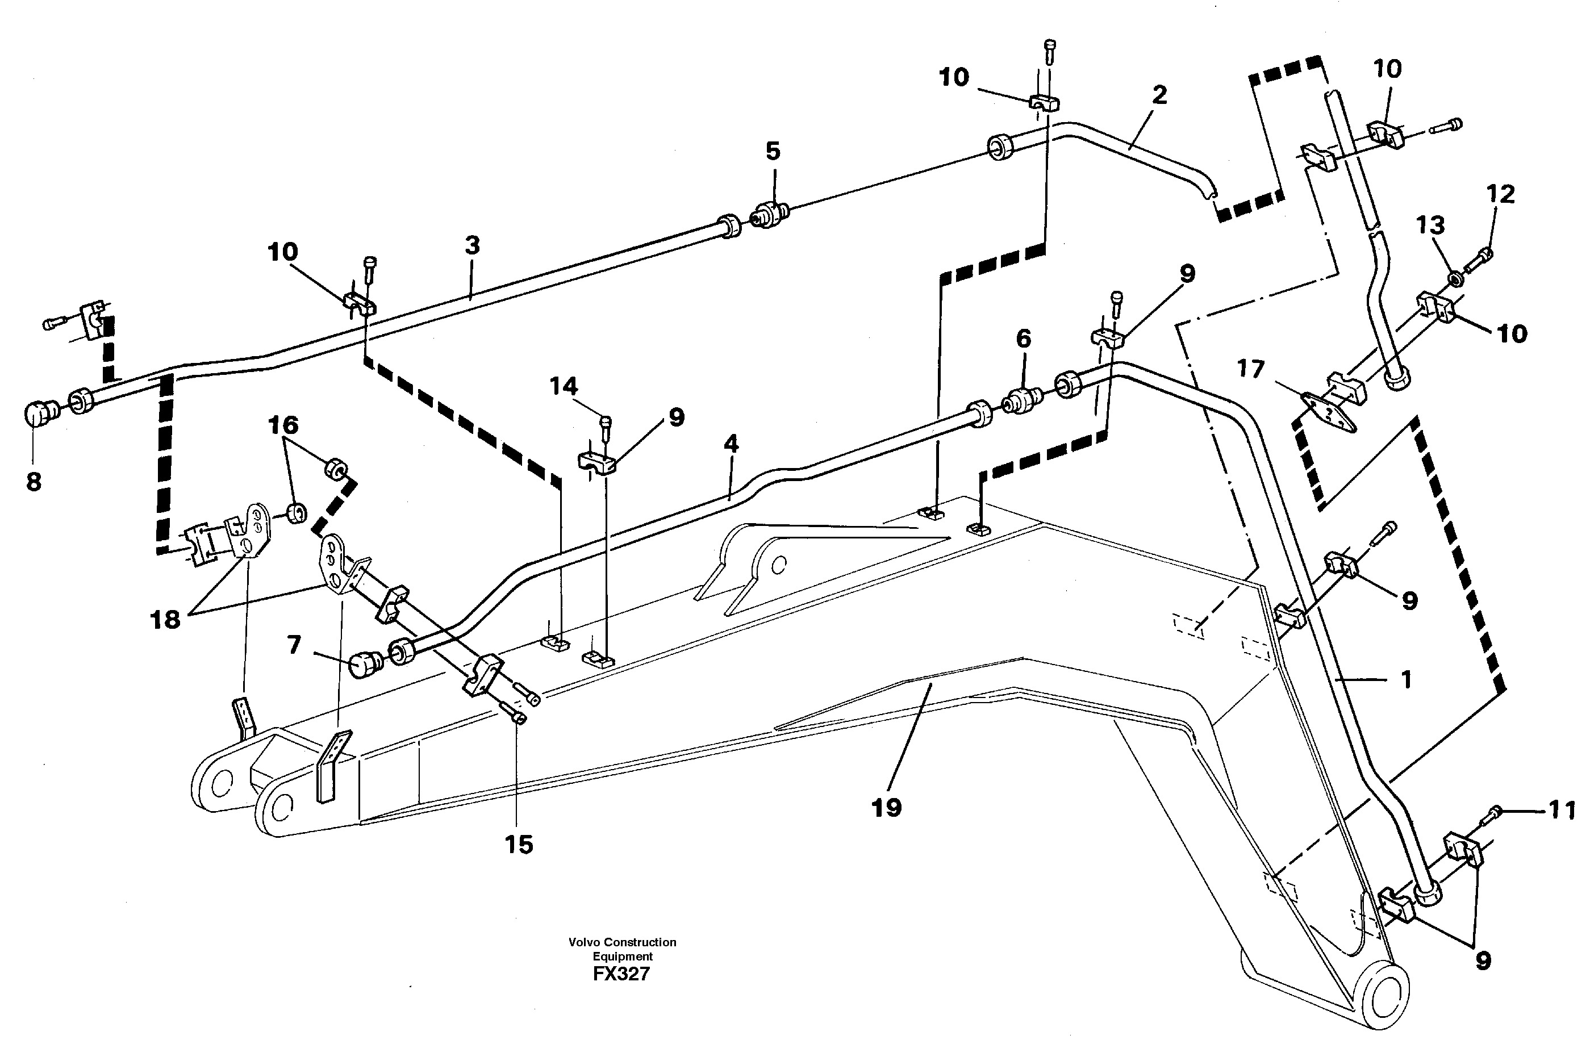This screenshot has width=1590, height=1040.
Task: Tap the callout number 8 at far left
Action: click(x=34, y=481)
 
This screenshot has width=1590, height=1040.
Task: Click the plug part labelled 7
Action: click(x=366, y=665)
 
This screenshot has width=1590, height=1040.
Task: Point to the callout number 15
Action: click(x=519, y=845)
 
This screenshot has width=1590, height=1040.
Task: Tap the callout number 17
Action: click(x=1251, y=369)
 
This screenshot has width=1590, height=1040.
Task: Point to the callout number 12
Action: click(x=1500, y=194)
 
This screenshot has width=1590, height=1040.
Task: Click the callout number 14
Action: click(x=563, y=386)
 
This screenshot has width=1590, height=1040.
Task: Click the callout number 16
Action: click(x=282, y=425)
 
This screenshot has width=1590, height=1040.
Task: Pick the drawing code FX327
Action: click(x=621, y=974)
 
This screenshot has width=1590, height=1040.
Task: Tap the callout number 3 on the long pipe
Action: click(x=472, y=246)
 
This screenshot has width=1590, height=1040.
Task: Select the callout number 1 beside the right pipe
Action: click(x=1405, y=680)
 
